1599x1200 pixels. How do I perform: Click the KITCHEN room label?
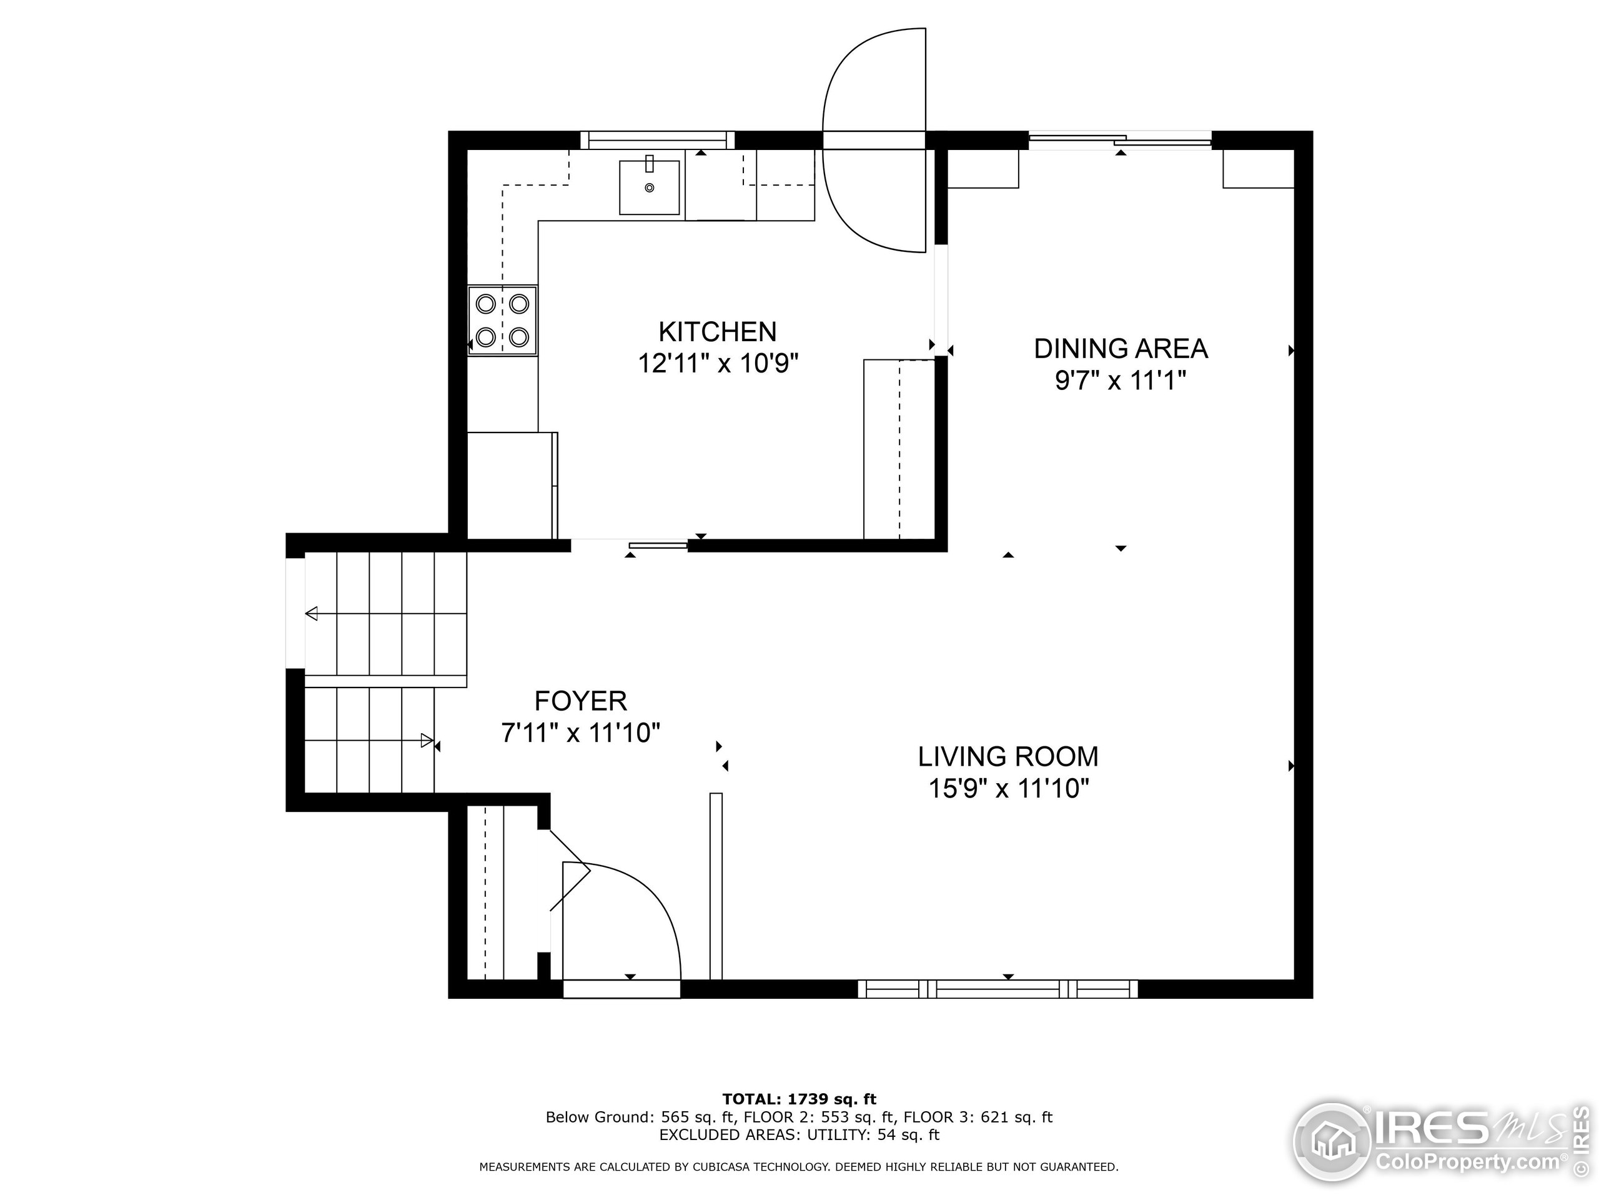(717, 332)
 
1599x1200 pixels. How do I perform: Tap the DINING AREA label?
(1121, 349)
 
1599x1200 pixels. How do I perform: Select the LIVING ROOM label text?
(1007, 757)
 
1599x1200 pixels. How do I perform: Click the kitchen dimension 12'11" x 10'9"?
(717, 363)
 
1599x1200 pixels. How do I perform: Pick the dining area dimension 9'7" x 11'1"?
(1121, 380)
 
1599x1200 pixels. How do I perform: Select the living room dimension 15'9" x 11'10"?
(1007, 788)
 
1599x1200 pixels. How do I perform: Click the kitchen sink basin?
(649, 188)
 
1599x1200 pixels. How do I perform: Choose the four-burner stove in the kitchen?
(502, 320)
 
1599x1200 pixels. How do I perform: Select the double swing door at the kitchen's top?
(874, 141)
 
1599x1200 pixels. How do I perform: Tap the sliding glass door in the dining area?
(1119, 141)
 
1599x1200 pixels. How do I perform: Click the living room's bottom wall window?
(998, 989)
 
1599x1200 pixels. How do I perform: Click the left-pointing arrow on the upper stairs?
(312, 614)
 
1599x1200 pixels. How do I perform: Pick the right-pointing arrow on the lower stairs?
(427, 741)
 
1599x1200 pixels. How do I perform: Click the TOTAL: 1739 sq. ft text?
(799, 1099)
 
